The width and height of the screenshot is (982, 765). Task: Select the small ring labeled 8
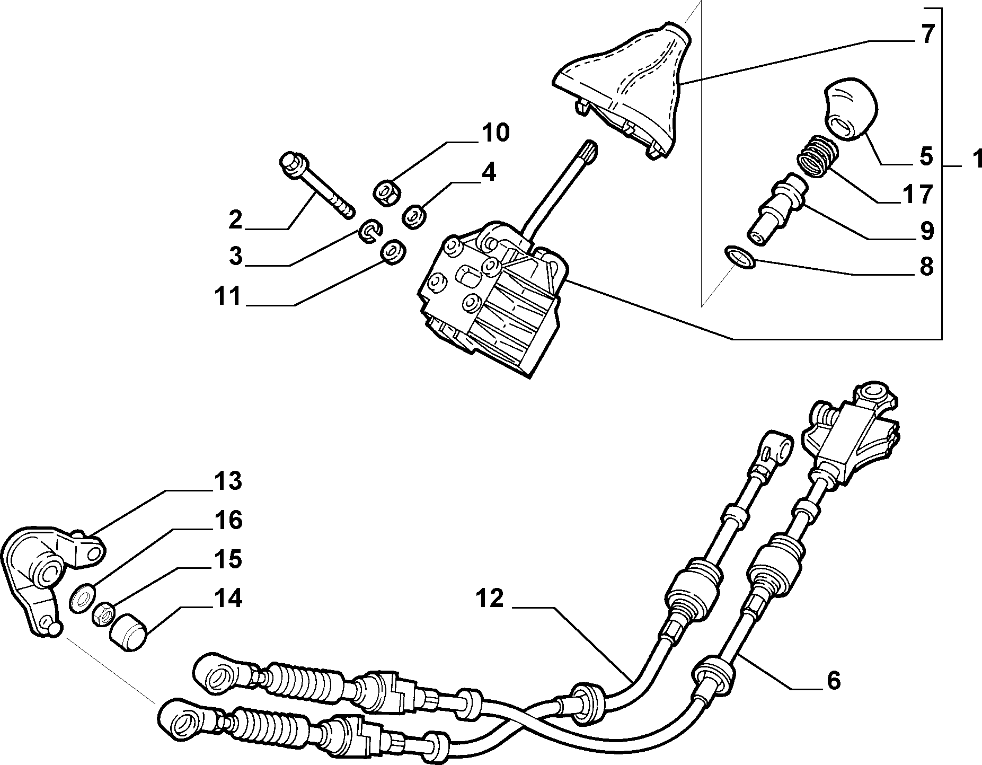point(738,257)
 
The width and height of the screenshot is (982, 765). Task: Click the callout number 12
point(488,599)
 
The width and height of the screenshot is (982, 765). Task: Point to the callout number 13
point(229,481)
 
